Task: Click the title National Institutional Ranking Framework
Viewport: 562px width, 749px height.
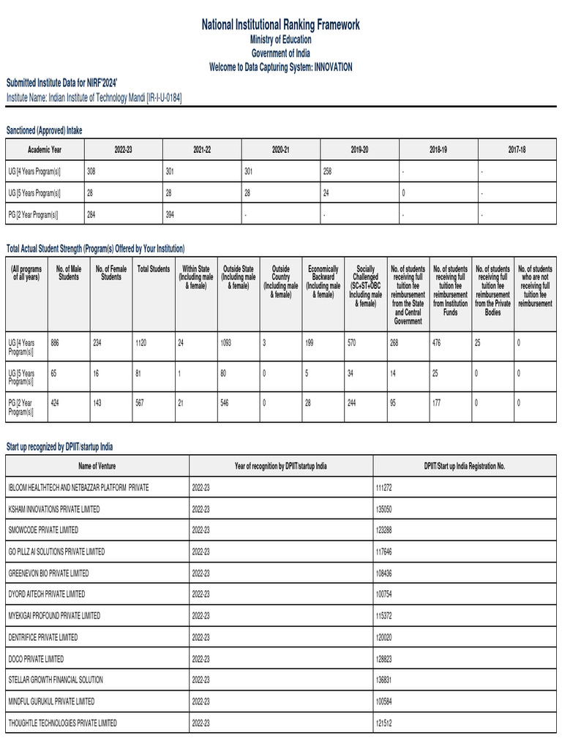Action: pyautogui.click(x=281, y=25)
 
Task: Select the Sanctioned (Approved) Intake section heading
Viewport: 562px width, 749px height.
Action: pyautogui.click(x=45, y=129)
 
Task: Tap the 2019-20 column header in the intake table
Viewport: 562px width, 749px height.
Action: pyautogui.click(x=359, y=149)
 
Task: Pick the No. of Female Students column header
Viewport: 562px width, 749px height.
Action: pyautogui.click(x=111, y=274)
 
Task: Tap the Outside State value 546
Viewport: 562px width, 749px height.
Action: pyautogui.click(x=226, y=402)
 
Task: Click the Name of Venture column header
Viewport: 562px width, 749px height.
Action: pyautogui.click(x=97, y=466)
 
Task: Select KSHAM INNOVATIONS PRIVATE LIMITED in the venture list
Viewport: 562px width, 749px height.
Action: pyautogui.click(x=54, y=508)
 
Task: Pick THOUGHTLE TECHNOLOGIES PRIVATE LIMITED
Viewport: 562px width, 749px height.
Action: pyautogui.click(x=62, y=723)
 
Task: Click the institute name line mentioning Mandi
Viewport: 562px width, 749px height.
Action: pyautogui.click(x=94, y=97)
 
